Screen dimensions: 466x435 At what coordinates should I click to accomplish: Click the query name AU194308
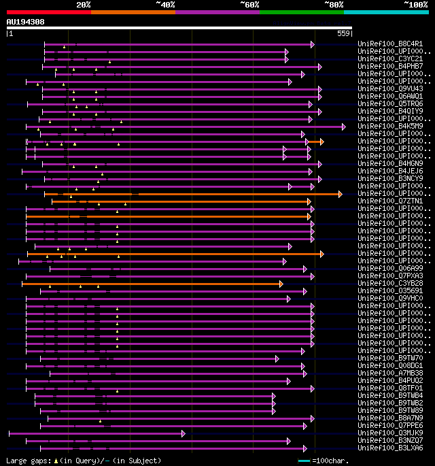tap(25, 22)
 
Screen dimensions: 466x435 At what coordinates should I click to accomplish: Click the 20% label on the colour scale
tap(84, 4)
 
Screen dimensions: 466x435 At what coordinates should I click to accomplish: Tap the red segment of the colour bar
tap(48, 12)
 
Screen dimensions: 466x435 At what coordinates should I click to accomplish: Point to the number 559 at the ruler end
tap(343, 33)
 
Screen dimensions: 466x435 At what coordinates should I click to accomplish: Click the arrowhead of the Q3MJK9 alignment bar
tap(183, 433)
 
